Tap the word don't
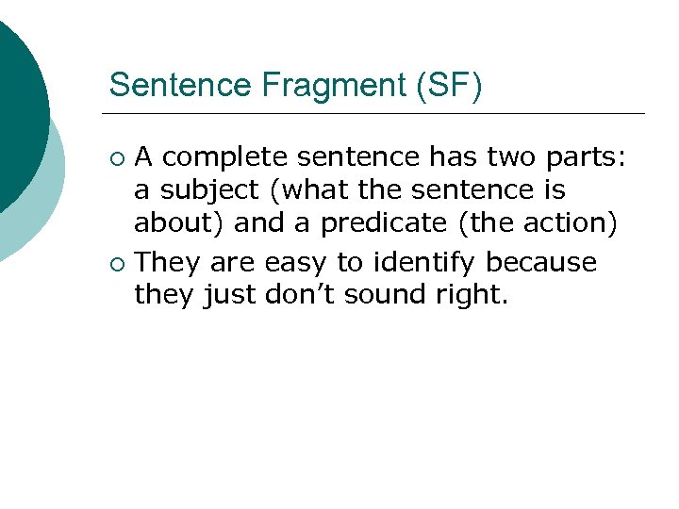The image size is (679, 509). coord(315,295)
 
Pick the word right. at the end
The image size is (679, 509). coord(474,295)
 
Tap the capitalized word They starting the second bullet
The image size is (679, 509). coord(165,261)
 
